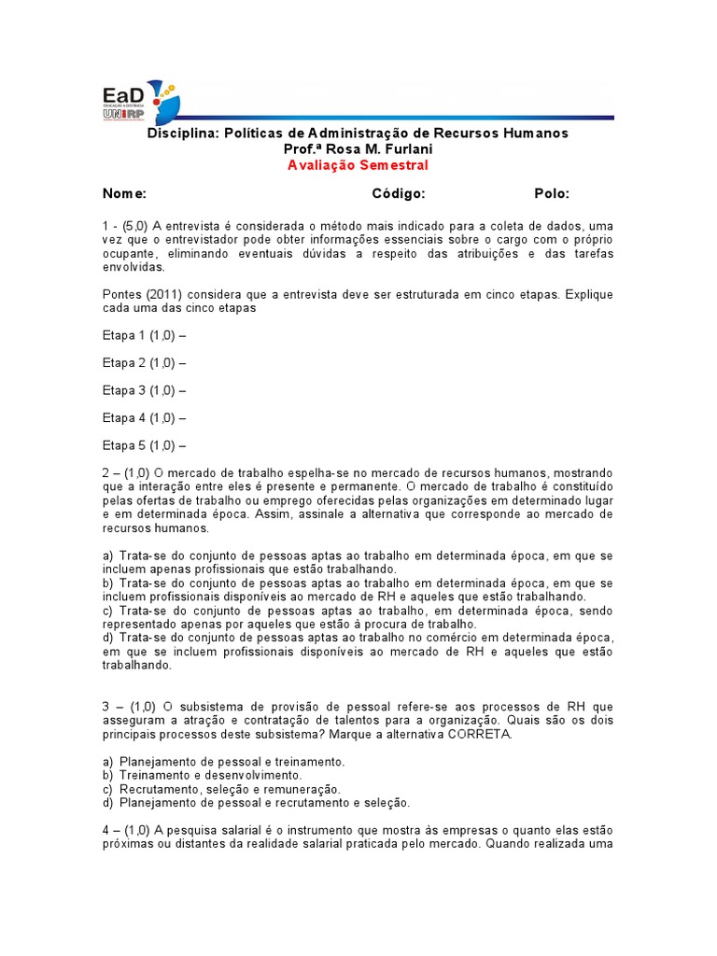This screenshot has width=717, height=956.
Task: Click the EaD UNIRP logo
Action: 141,101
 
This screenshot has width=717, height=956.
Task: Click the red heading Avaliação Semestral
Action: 358,165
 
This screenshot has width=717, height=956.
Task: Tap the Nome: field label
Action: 124,193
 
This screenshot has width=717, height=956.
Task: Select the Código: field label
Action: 399,193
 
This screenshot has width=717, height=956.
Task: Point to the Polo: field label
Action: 552,193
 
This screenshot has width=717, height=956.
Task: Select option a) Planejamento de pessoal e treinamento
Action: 224,762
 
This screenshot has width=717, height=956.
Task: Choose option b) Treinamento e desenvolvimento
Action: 203,775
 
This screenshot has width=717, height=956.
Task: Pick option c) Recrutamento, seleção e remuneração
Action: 221,789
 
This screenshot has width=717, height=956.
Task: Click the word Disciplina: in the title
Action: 182,134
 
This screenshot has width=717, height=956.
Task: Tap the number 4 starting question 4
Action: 106,830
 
